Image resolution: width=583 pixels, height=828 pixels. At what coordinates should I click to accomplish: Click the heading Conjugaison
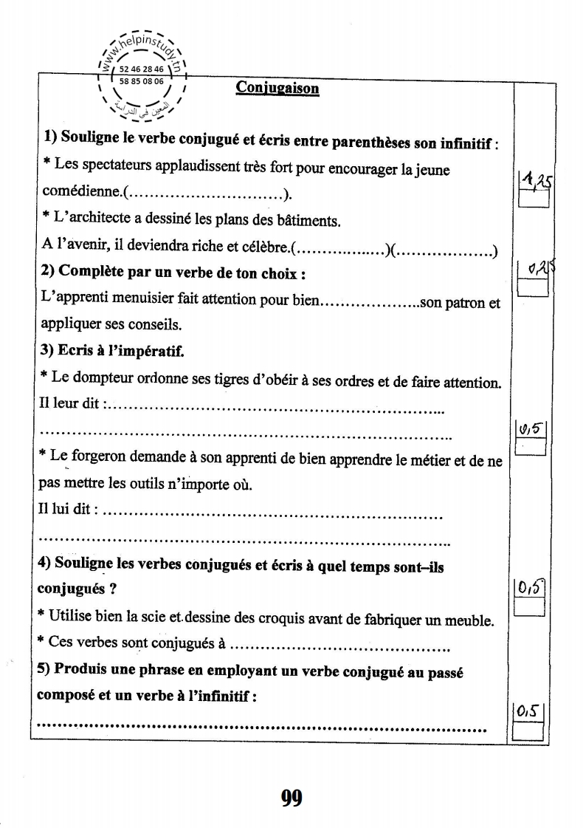tap(277, 88)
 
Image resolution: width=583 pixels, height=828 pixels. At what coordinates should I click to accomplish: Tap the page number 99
tap(291, 797)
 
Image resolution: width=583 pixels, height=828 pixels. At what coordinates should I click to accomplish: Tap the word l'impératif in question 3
tap(145, 352)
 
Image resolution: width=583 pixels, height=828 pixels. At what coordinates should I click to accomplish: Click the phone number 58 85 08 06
tap(141, 81)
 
